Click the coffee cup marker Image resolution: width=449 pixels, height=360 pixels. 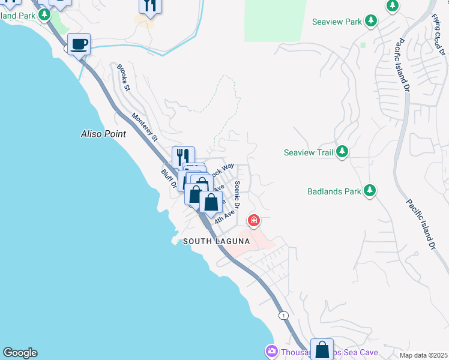(x=79, y=44)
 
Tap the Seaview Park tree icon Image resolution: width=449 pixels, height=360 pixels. (x=371, y=22)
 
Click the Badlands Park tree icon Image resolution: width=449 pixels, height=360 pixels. (x=370, y=191)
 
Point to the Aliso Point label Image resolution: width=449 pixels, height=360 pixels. (x=103, y=134)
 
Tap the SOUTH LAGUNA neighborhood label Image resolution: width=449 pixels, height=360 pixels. (x=216, y=241)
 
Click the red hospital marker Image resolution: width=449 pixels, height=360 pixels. (x=254, y=221)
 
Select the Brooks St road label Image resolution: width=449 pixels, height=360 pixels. (x=124, y=78)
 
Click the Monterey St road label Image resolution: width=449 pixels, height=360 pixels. (x=145, y=128)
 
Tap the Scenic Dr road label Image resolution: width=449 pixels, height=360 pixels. (x=238, y=194)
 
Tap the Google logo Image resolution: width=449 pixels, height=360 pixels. (x=20, y=353)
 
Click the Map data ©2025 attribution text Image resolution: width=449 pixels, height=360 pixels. (x=423, y=355)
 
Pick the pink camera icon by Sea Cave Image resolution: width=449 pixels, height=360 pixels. (x=271, y=350)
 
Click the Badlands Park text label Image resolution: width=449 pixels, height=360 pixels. (x=334, y=191)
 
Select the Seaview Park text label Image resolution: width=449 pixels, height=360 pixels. (x=337, y=22)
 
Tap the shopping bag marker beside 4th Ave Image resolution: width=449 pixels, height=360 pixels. (x=211, y=202)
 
